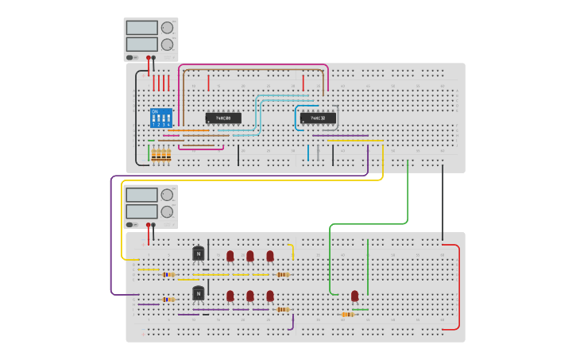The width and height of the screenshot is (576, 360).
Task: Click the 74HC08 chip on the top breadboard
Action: (x=223, y=118)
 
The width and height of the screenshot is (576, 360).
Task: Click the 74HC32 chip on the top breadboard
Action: (x=318, y=118)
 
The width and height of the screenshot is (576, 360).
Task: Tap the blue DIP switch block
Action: (x=161, y=118)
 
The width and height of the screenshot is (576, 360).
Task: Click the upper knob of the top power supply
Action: (x=167, y=27)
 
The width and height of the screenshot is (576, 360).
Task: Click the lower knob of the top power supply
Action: (x=167, y=45)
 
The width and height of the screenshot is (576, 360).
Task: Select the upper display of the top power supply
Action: (x=141, y=28)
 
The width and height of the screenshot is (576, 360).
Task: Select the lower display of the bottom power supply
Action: (x=141, y=211)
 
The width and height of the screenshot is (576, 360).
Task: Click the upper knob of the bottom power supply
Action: (x=167, y=195)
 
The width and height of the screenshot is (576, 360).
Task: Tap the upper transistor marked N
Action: (x=199, y=254)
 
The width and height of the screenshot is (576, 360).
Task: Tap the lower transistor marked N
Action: (x=199, y=293)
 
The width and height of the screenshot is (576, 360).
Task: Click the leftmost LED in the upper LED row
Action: (x=230, y=256)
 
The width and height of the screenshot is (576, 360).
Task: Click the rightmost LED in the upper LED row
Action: (x=270, y=256)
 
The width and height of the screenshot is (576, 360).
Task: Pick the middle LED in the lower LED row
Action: (x=250, y=296)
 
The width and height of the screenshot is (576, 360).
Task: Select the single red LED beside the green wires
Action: (x=354, y=296)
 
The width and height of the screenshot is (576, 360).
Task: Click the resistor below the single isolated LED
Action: (x=347, y=315)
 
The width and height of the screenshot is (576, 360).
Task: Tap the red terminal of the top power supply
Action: (x=148, y=58)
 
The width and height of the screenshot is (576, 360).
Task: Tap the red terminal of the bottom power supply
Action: (x=148, y=226)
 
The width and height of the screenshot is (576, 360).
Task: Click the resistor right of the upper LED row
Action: (x=283, y=275)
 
